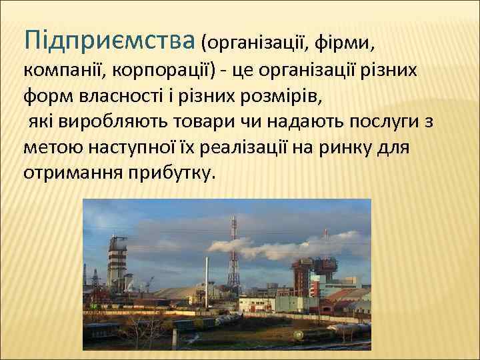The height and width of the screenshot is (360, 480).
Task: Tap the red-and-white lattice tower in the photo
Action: point(233,253)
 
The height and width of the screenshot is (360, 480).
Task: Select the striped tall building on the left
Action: point(118,267)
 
